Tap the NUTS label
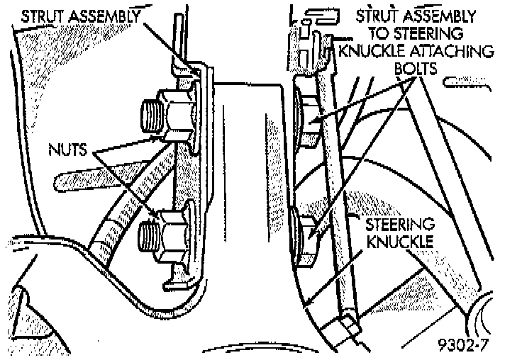(x=68, y=150)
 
